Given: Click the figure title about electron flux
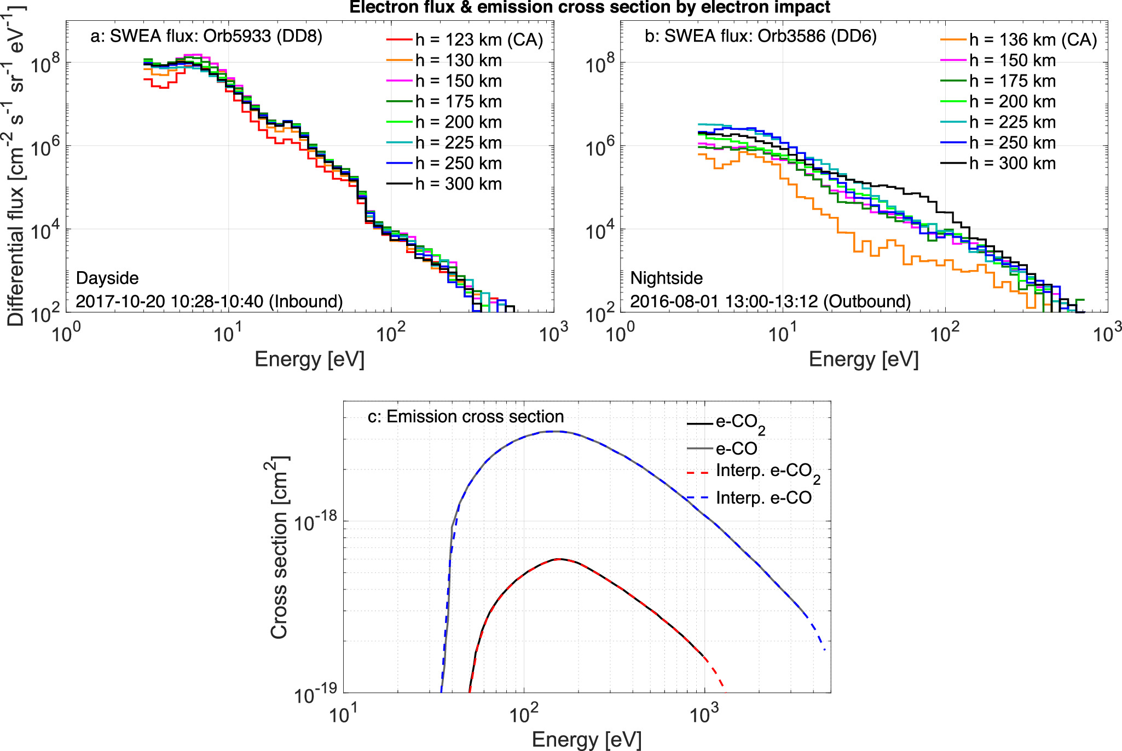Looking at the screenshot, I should tap(589, 7).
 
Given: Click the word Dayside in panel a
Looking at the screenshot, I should tap(107, 278).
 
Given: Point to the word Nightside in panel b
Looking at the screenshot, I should tap(666, 278).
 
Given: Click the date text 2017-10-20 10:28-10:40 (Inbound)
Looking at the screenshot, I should tap(209, 301).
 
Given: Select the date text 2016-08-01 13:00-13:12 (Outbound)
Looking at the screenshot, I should tap(770, 301).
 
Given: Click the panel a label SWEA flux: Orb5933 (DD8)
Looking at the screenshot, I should tap(206, 36).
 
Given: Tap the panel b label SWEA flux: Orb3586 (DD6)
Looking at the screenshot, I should tap(761, 36).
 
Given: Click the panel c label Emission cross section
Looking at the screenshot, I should tap(465, 416).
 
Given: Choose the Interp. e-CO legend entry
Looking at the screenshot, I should tap(763, 497).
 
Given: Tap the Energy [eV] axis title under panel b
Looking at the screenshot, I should tap(863, 359).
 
